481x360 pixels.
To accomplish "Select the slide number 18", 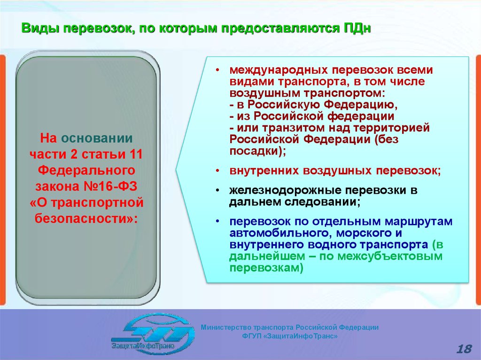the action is tap(464, 349).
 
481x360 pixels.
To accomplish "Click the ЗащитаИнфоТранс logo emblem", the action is tap(153, 334).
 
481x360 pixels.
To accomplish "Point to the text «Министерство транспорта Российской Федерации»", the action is tap(289, 328).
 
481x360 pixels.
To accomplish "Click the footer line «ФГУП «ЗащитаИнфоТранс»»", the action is tap(290, 336).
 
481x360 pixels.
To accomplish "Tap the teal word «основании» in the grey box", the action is tap(97, 138).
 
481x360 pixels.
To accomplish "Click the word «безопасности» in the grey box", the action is tap(84, 218).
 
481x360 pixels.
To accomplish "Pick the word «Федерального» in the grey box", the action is tap(86, 170).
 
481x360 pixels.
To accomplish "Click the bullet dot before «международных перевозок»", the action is tap(217, 70).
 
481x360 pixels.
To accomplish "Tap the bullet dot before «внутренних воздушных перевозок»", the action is tap(217, 171).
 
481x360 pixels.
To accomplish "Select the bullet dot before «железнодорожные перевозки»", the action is tap(217, 191).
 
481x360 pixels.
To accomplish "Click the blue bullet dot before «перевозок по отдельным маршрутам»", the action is tap(217, 222).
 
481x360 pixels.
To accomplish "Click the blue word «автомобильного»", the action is tap(279, 233).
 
